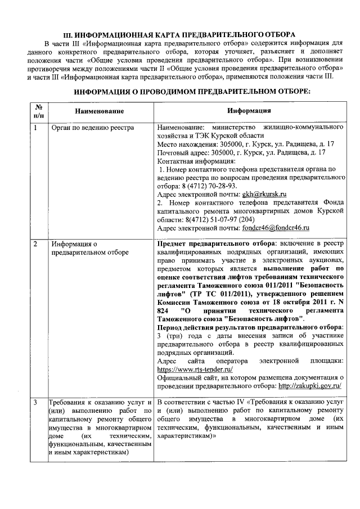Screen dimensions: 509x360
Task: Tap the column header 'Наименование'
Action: click(100, 111)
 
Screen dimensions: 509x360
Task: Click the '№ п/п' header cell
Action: click(38, 110)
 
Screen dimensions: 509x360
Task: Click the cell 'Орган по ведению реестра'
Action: click(92, 128)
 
